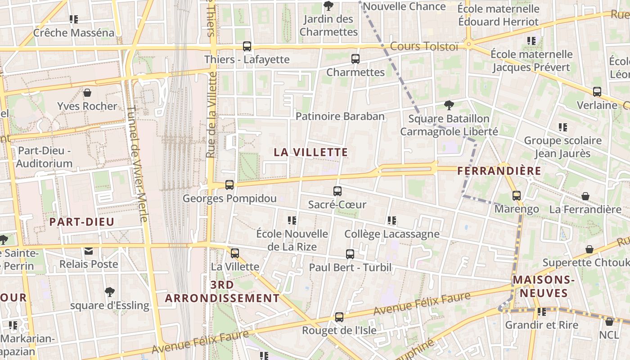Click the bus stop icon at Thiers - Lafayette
[x=247, y=46]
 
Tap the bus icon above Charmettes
[x=355, y=58]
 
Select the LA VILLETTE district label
[x=311, y=152]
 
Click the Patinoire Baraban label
[x=340, y=116]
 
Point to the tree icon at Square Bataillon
[x=449, y=105]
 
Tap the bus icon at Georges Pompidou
[x=229, y=184]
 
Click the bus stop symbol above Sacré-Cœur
[x=337, y=191]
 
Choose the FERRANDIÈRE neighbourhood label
[x=499, y=171]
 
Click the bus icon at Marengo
[x=517, y=196]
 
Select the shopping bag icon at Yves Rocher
[x=87, y=93]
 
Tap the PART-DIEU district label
[x=82, y=221]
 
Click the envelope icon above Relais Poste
[x=89, y=251]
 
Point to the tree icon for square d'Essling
[x=109, y=292]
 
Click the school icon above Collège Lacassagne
[x=391, y=220]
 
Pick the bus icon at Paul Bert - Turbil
[x=350, y=254]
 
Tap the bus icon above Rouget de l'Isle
[x=339, y=317]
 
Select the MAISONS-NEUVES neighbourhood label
[x=544, y=287]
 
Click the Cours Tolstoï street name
[x=424, y=46]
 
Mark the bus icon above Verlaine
[x=597, y=92]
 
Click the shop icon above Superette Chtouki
[x=589, y=249]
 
